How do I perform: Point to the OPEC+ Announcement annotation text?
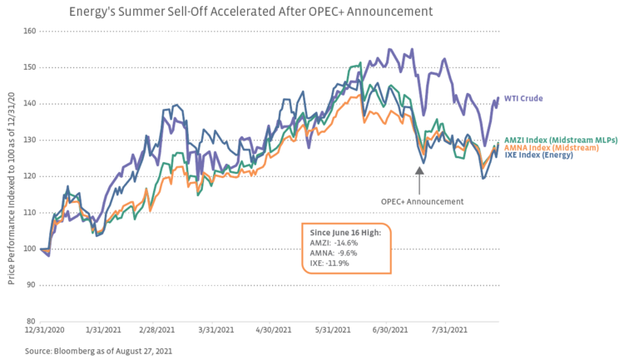(x=422, y=200)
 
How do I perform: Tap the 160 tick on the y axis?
(x=29, y=32)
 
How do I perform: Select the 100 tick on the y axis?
(x=29, y=249)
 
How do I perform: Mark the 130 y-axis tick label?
(x=29, y=140)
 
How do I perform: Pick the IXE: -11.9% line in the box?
(x=330, y=263)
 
